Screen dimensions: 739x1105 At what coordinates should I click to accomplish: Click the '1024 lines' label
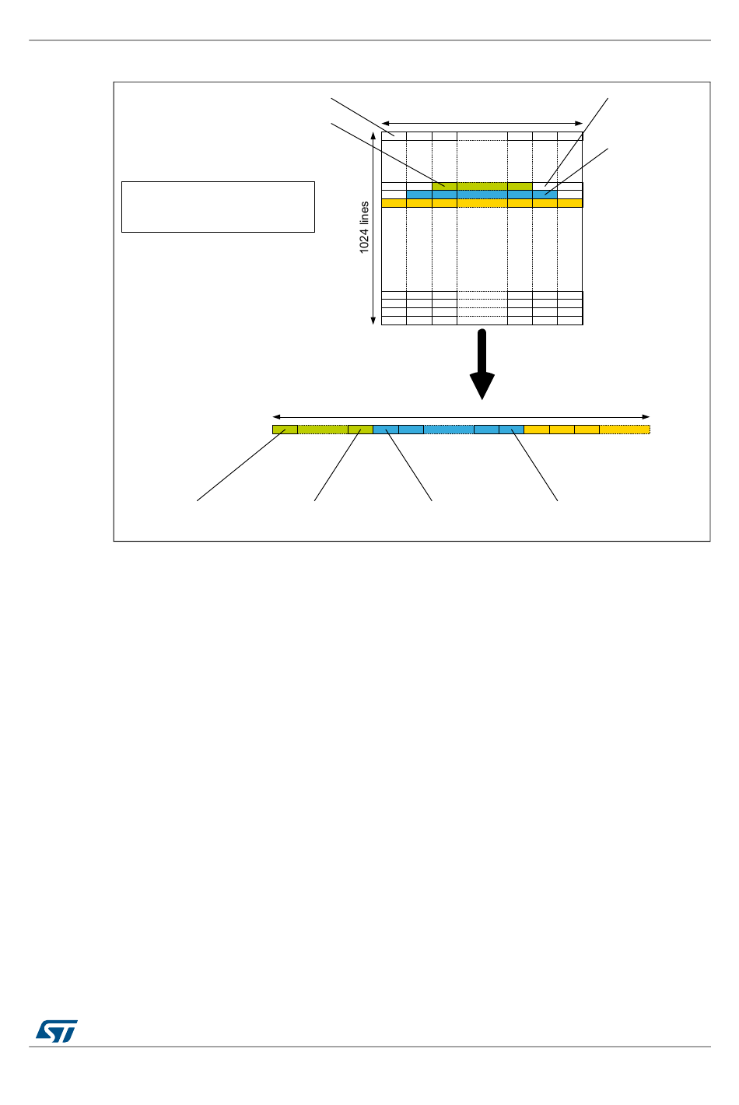[364, 227]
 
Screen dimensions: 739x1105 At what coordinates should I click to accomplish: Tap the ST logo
[57, 1031]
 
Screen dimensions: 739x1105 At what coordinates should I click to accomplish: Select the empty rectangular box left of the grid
[218, 207]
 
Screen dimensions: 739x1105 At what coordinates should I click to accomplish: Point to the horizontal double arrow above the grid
[482, 122]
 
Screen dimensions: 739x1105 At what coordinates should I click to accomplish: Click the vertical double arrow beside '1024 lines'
[374, 227]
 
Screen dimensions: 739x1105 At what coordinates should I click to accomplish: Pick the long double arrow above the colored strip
[461, 416]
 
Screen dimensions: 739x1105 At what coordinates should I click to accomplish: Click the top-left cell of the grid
[394, 136]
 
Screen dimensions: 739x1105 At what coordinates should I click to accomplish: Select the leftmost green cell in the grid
[444, 186]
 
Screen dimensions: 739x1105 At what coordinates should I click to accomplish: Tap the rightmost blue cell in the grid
[545, 195]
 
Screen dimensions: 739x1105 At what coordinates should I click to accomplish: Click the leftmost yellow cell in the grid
[394, 203]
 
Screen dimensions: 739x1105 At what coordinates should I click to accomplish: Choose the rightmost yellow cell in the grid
[570, 203]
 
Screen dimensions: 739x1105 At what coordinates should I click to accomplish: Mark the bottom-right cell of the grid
[570, 321]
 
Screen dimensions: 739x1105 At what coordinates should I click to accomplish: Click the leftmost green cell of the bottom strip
[285, 430]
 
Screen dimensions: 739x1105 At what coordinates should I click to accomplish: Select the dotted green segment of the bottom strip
[323, 430]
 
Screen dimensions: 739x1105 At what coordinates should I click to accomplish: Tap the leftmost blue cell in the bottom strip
[386, 430]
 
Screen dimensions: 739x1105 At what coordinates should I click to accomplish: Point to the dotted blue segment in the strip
[449, 430]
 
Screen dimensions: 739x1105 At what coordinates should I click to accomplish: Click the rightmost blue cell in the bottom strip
[512, 430]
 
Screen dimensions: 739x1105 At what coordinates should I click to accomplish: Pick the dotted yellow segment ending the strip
[625, 430]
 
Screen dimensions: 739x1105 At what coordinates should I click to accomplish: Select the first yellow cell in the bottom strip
[537, 430]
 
